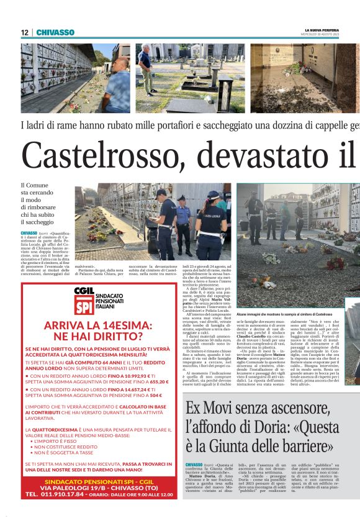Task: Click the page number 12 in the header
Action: coord(24,32)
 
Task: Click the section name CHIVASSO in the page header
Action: coord(55,32)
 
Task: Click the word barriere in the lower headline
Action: coord(305,446)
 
